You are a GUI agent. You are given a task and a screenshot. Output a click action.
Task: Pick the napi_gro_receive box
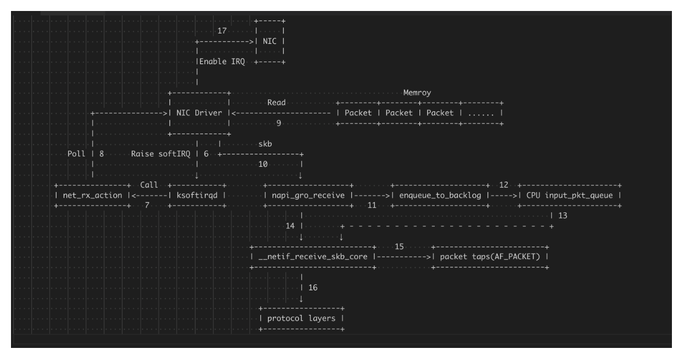coord(308,195)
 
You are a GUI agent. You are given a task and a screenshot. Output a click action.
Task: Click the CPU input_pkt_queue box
coord(569,195)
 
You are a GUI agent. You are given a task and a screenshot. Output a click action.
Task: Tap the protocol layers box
coord(301,318)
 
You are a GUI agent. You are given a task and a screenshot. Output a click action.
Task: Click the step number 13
coord(563,216)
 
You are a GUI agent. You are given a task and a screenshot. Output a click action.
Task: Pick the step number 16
coord(313,287)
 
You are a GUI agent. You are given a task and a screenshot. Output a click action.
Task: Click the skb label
coord(265,144)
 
